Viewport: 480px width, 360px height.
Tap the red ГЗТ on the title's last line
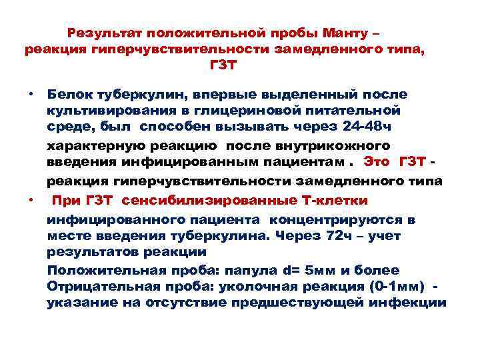[224, 67]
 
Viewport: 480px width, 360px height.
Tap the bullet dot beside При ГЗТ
[31, 200]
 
